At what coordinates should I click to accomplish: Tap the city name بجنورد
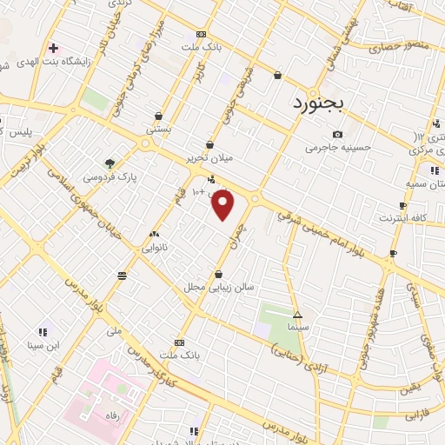tap(316, 102)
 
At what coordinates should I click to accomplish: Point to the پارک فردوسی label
tap(110, 176)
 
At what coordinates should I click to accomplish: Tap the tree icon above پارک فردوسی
tap(110, 163)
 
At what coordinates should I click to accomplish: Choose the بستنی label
tap(158, 128)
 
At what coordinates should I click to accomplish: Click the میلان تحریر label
tap(209, 159)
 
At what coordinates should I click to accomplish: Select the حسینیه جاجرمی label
tap(337, 147)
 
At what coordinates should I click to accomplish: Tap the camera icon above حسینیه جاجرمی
tap(337, 134)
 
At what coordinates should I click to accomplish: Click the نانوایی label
tap(155, 247)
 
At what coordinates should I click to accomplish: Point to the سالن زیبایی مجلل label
tap(217, 286)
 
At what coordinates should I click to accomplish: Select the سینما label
tap(297, 329)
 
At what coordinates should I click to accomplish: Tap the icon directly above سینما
tap(297, 315)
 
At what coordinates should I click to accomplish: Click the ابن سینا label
tap(42, 345)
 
